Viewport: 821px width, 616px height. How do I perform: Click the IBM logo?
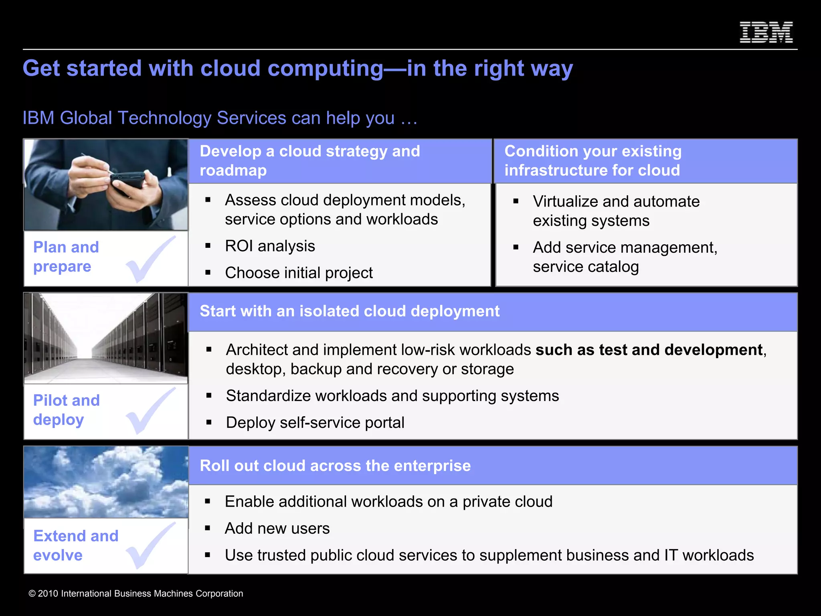click(766, 32)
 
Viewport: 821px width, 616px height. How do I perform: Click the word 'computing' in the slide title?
click(325, 69)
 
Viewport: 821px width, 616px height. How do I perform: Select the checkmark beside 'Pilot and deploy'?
click(151, 411)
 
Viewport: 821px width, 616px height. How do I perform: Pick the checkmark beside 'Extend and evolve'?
click(151, 546)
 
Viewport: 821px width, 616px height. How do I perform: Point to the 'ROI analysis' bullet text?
click(270, 246)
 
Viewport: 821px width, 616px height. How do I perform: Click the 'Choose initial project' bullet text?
click(299, 273)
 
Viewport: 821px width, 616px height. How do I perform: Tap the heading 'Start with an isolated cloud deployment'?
click(349, 311)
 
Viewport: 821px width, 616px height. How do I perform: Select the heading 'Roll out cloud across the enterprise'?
click(335, 466)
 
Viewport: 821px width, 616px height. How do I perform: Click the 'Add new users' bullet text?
click(277, 529)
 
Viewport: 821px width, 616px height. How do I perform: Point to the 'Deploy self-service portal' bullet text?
click(315, 423)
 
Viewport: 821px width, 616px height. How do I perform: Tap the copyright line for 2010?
click(136, 594)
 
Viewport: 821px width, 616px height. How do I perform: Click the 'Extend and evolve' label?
click(75, 545)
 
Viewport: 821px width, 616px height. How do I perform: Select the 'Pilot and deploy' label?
click(66, 410)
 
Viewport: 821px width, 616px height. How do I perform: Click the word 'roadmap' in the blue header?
click(233, 170)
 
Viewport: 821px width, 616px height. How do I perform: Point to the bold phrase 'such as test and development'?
click(649, 350)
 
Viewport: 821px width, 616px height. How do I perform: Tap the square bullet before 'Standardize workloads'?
click(209, 396)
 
